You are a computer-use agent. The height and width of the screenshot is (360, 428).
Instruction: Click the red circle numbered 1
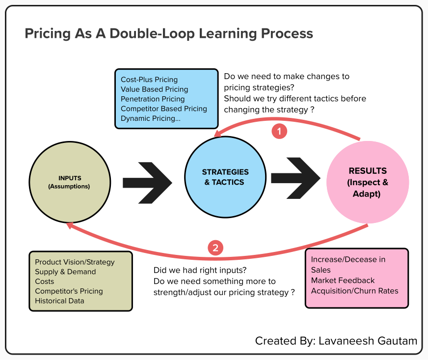pyautogui.click(x=279, y=131)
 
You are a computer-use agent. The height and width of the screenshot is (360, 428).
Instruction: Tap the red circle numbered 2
pyautogui.click(x=215, y=248)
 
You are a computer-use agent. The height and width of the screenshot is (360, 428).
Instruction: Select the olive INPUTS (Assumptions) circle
pyautogui.click(x=70, y=182)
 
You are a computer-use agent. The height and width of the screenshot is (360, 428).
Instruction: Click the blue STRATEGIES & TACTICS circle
pyautogui.click(x=225, y=177)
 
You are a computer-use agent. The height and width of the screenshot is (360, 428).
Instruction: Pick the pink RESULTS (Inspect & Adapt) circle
pyautogui.click(x=368, y=182)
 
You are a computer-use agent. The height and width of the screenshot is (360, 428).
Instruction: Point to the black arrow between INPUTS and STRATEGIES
pyautogui.click(x=147, y=181)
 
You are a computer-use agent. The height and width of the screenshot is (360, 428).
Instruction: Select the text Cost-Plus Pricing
pyautogui.click(x=149, y=80)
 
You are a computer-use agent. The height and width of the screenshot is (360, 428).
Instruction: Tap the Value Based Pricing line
pyautogui.click(x=154, y=89)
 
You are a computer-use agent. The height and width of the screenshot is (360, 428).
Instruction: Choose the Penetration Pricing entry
pyautogui.click(x=153, y=99)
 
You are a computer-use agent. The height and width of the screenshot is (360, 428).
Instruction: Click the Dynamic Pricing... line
pyautogui.click(x=150, y=118)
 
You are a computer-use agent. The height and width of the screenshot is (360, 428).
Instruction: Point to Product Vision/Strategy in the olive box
pyautogui.click(x=75, y=262)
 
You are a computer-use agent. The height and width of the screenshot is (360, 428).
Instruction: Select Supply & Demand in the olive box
pyautogui.click(x=65, y=272)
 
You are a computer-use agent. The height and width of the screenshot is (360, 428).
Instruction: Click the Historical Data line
pyautogui.click(x=59, y=301)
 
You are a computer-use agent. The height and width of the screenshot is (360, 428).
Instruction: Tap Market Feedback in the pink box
pyautogui.click(x=343, y=280)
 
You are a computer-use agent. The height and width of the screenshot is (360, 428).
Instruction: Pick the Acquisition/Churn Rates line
pyautogui.click(x=354, y=291)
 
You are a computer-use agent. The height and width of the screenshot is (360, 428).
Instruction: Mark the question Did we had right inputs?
pyautogui.click(x=200, y=270)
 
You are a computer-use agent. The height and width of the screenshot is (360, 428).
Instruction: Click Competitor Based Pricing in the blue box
pyautogui.click(x=163, y=109)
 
